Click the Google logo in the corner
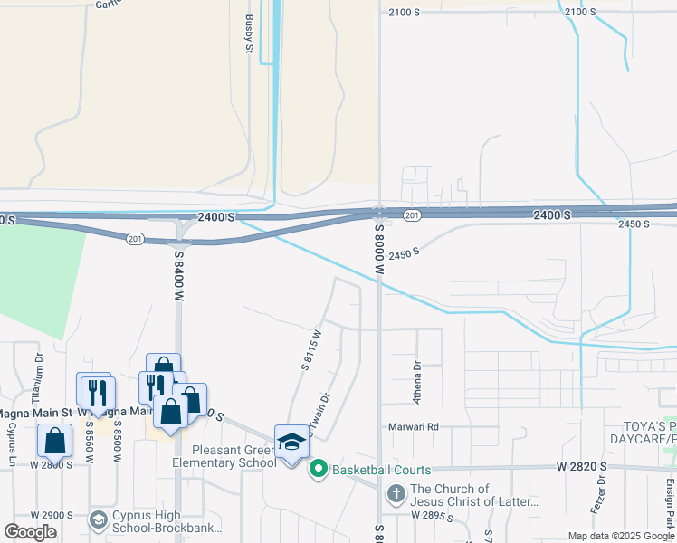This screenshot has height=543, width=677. tap(30, 532)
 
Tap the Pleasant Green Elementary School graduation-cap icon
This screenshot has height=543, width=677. tap(291, 443)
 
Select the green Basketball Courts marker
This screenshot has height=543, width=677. tap(318, 469)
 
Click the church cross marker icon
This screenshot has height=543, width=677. tap(395, 494)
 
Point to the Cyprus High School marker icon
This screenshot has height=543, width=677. tap(99, 520)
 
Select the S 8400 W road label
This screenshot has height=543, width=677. tap(179, 276)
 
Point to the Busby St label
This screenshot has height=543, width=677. tap(249, 33)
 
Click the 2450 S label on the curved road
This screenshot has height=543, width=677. tap(405, 254)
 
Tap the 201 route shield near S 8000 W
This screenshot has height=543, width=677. tap(412, 215)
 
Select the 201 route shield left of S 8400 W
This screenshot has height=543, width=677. tap(135, 238)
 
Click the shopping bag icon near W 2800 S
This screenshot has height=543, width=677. tap(55, 441)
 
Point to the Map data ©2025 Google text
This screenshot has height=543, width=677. tap(620, 536)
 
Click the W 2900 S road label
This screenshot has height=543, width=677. tap(51, 515)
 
